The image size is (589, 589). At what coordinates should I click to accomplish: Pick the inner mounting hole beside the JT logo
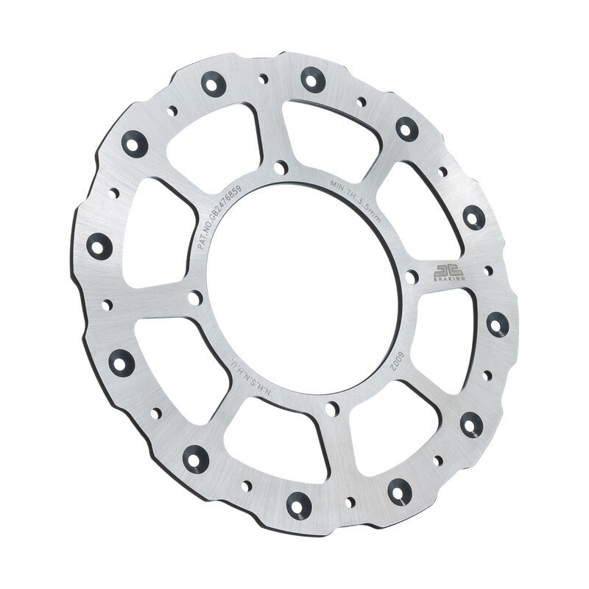[412, 277]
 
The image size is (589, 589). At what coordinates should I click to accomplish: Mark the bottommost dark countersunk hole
[298, 504]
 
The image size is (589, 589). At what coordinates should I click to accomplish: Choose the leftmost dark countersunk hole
[99, 245]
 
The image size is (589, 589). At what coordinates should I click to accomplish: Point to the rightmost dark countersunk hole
[496, 322]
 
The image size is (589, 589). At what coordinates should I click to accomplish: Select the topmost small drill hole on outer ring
[263, 77]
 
